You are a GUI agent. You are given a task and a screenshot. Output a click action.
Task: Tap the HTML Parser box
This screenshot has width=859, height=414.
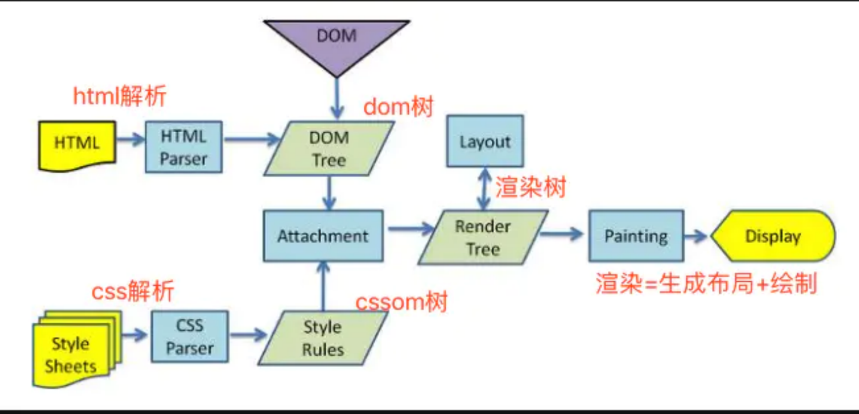(184, 147)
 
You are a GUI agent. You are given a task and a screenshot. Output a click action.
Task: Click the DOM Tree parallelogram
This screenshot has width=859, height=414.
(329, 149)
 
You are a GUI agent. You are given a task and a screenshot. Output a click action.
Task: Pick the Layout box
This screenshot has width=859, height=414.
(485, 141)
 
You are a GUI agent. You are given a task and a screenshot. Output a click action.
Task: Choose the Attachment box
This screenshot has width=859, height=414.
(323, 236)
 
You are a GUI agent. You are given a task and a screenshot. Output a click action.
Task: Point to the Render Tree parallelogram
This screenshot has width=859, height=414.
(483, 237)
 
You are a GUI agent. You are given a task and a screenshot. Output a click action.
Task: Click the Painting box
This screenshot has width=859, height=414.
(636, 236)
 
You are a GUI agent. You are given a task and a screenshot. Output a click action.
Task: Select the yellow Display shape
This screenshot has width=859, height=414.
(773, 236)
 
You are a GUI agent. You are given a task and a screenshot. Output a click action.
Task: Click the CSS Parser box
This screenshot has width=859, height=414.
(190, 337)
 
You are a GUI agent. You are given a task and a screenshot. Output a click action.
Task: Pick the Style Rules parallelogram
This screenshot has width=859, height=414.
(323, 338)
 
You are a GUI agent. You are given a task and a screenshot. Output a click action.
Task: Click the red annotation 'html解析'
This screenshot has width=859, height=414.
(120, 95)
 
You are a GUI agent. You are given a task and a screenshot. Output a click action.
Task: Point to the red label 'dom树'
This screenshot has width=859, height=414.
(399, 107)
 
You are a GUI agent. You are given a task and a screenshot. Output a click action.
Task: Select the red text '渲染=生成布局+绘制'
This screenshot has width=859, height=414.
(706, 283)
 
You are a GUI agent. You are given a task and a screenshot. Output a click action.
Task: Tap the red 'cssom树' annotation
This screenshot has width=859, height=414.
(402, 301)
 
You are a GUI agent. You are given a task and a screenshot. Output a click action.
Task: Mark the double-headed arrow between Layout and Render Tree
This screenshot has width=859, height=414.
(484, 189)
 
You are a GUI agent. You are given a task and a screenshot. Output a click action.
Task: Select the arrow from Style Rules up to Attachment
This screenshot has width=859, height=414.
(323, 286)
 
